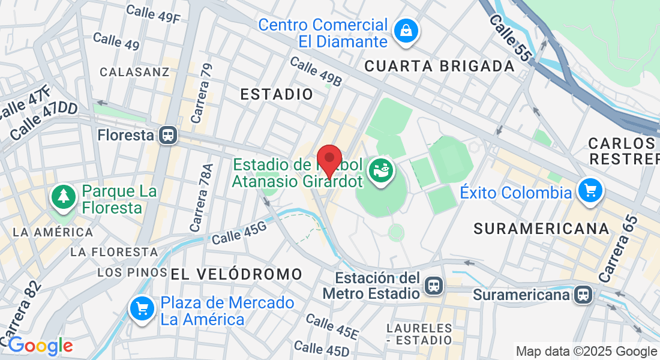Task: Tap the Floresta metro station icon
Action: point(169,135)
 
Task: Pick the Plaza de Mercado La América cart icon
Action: point(142,310)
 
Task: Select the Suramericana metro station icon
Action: point(582,295)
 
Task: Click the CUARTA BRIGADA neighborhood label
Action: point(440,66)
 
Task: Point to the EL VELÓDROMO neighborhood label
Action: point(236,275)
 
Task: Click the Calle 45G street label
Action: point(238,232)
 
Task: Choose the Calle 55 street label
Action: point(511,38)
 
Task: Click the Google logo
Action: point(40,346)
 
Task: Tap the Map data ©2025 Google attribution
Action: point(586,352)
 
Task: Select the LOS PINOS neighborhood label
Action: point(132,272)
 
